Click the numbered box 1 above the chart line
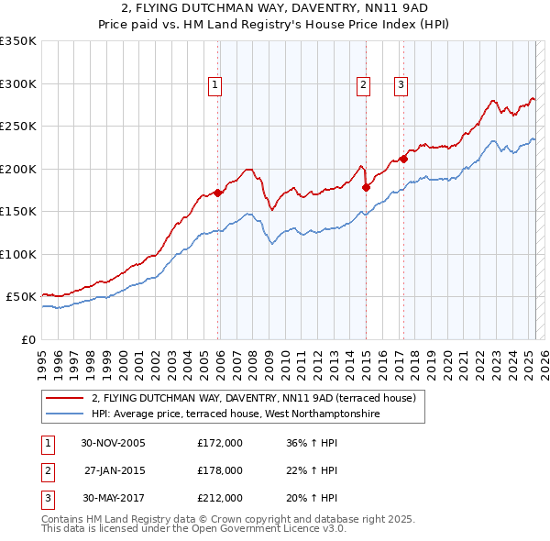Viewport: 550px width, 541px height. point(214,85)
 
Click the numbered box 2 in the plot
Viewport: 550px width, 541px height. point(363,85)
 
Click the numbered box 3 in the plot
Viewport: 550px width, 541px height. point(401,85)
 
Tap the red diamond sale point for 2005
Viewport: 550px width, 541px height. point(218,193)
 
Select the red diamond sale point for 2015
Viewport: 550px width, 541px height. point(366,187)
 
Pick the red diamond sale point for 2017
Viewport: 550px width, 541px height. point(403,159)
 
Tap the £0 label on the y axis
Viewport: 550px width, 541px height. point(27,339)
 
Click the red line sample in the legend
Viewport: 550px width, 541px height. point(65,398)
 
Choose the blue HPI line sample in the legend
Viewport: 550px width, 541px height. point(65,414)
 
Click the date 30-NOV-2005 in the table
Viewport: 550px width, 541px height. point(114,444)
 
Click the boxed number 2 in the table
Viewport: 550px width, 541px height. point(45,470)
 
